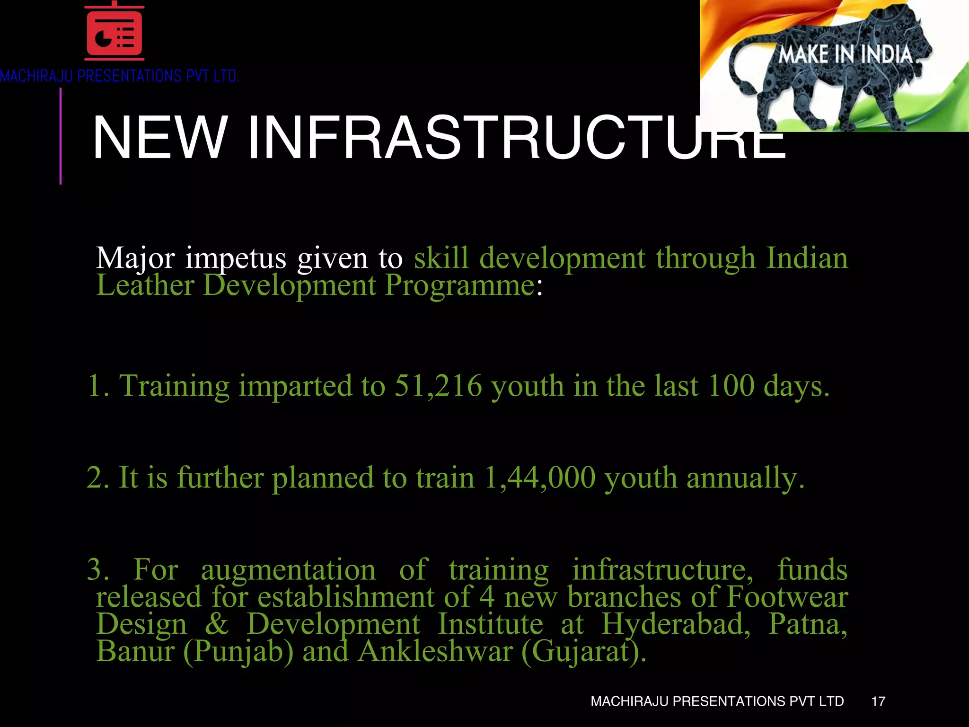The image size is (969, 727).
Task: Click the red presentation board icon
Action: pyautogui.click(x=114, y=32)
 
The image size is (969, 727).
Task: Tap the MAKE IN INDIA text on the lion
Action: pyautogui.click(x=846, y=55)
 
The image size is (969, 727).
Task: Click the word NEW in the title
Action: pyautogui.click(x=160, y=138)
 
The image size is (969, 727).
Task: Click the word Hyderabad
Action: pyautogui.click(x=676, y=624)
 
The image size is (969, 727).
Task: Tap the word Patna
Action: pyautogui.click(x=807, y=624)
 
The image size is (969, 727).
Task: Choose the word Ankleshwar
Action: pyautogui.click(x=435, y=651)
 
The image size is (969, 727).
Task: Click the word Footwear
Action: pyautogui.click(x=787, y=597)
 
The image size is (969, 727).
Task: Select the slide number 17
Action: pyautogui.click(x=878, y=701)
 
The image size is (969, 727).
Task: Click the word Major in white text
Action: pyautogui.click(x=135, y=258)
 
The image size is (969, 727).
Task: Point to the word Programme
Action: pyautogui.click(x=459, y=285)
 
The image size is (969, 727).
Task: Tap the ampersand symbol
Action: pyautogui.click(x=217, y=624)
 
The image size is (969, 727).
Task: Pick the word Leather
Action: pyautogui.click(x=145, y=285)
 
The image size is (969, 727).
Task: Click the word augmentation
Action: pyautogui.click(x=288, y=570)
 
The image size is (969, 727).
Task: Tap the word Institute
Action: pyautogui.click(x=490, y=624)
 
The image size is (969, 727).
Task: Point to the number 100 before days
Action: pyautogui.click(x=731, y=386)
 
